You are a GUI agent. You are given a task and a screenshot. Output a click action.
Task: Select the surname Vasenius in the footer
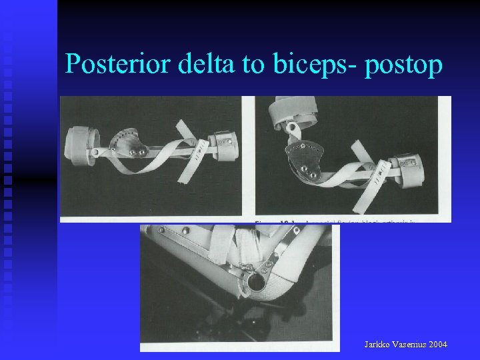[411, 344]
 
